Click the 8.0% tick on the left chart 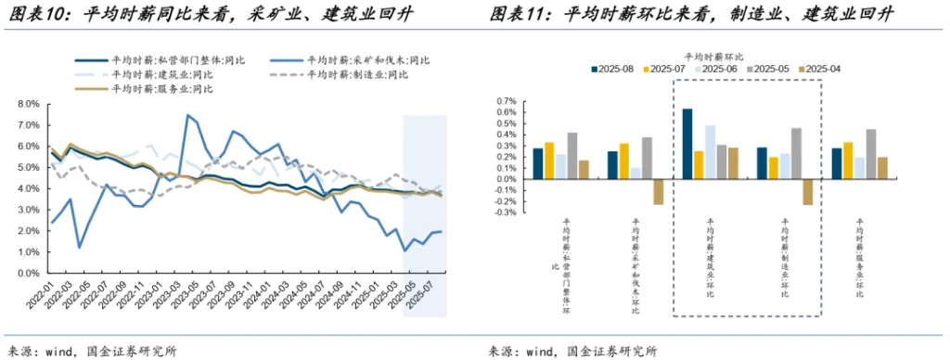click(28, 105)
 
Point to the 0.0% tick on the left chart click(28, 275)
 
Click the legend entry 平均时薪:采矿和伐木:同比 click(370, 60)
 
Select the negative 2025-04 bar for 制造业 click(807, 191)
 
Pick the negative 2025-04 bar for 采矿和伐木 click(659, 191)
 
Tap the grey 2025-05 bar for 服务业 click(871, 153)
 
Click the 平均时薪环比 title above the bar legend click(713, 55)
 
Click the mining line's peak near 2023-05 click(188, 116)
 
